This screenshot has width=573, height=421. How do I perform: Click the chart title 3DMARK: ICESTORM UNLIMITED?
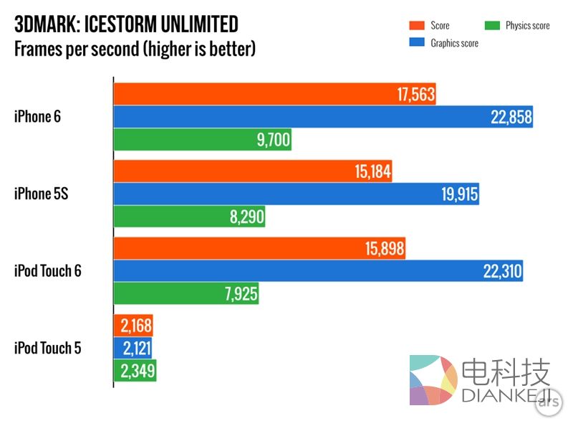pyautogui.click(x=126, y=25)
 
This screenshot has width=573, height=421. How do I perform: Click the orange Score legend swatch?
pyautogui.click(x=416, y=26)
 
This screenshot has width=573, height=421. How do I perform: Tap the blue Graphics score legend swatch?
pyautogui.click(x=416, y=43)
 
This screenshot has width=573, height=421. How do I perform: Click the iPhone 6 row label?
pyautogui.click(x=37, y=116)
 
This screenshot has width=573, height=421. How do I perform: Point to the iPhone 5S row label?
pyautogui.click(x=41, y=194)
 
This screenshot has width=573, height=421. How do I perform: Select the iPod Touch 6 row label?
pyautogui.click(x=47, y=271)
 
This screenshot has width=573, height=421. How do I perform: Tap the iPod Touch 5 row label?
pyautogui.click(x=47, y=349)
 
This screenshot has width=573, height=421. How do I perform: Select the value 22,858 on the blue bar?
pyautogui.click(x=511, y=117)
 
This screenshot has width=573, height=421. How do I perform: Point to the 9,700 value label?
pyautogui.click(x=274, y=139)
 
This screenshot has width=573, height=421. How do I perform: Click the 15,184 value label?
pyautogui.click(x=371, y=172)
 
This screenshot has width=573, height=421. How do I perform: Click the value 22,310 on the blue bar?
pyautogui.click(x=502, y=272)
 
